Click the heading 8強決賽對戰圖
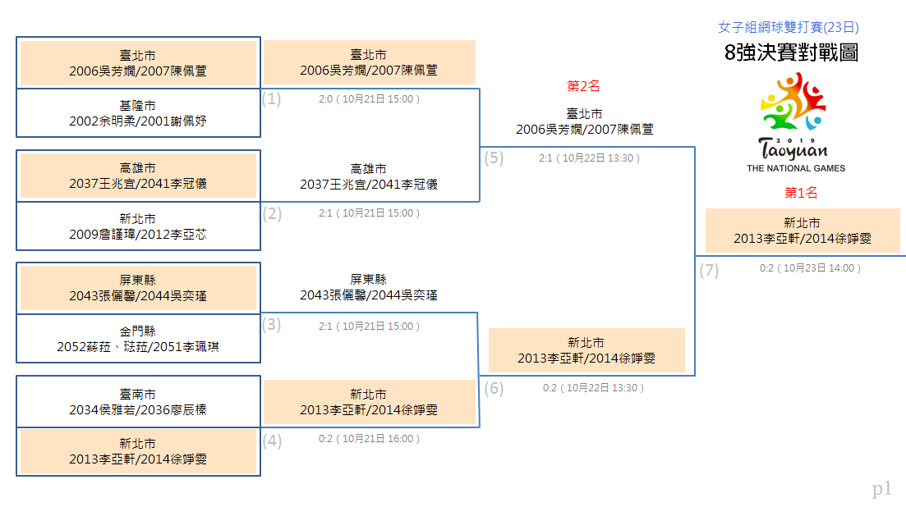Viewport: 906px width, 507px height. tap(791, 53)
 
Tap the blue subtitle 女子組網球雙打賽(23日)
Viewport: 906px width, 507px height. tap(788, 27)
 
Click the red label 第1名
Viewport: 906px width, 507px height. tap(801, 193)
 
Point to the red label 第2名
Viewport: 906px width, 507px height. tap(583, 86)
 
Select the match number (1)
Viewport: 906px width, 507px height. tap(271, 98)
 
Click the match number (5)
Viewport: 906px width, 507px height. tap(494, 158)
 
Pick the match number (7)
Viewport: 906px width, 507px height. tap(709, 270)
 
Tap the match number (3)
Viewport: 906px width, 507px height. tap(271, 325)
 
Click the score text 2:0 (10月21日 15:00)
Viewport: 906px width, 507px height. tap(370, 99)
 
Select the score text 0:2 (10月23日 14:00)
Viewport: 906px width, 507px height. tap(810, 268)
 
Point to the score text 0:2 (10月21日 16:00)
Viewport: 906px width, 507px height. tap(370, 439)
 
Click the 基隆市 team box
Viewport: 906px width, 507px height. tap(138, 113)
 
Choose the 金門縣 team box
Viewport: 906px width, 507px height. tap(138, 339)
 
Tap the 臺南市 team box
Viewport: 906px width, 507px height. tap(138, 402)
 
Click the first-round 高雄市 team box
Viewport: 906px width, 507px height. tap(138, 176)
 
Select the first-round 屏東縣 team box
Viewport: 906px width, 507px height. tap(138, 288)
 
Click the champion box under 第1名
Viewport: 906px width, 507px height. tap(803, 231)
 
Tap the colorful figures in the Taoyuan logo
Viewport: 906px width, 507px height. tap(793, 102)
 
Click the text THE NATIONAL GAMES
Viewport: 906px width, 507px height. tap(796, 168)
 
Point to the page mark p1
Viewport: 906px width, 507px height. tap(881, 489)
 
